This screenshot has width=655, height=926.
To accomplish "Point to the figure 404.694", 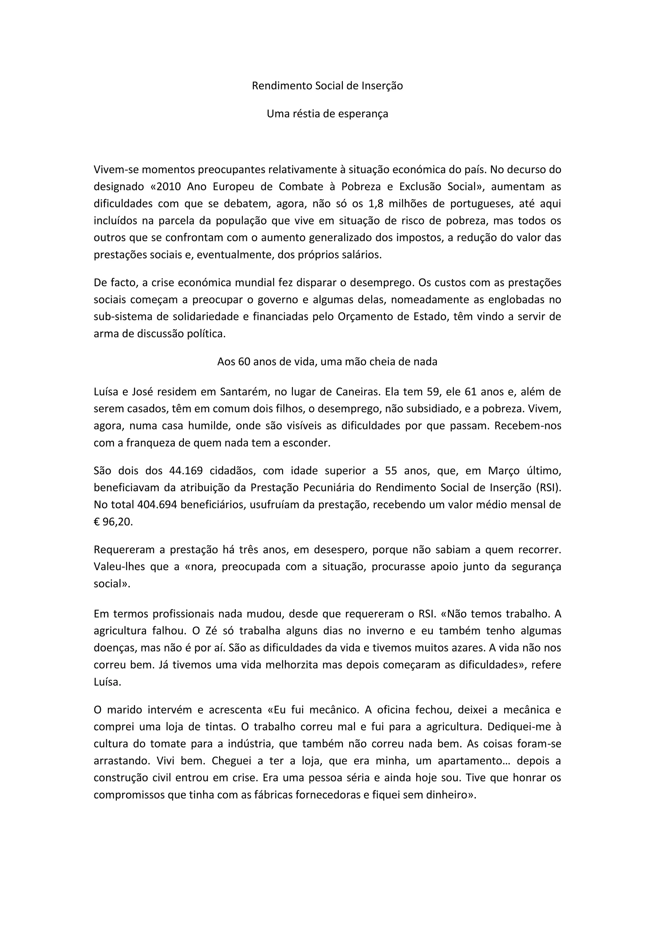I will tap(157, 505).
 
